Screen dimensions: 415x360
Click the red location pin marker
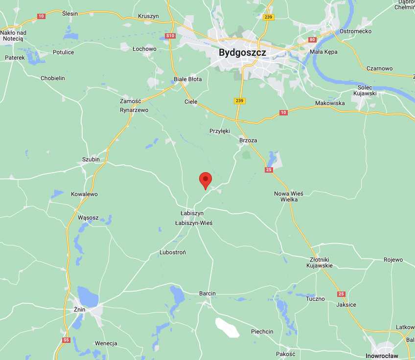point(206,180)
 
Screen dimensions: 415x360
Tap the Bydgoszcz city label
point(242,52)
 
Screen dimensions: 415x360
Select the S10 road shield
point(170,36)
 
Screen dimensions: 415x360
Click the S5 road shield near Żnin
point(66,340)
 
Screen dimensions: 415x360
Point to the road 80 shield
point(313,40)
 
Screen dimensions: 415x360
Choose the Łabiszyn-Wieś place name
point(194,223)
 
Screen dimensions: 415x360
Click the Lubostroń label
point(173,252)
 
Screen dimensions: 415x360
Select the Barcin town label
point(207,293)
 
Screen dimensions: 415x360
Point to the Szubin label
point(91,159)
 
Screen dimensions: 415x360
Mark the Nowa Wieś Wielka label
point(288,197)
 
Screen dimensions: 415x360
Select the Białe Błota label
point(188,79)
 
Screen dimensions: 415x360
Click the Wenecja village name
point(106,343)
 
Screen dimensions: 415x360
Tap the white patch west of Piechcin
point(228,327)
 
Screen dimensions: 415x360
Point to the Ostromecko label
point(355,31)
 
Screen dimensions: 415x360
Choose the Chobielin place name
point(52,78)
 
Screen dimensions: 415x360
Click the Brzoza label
point(248,140)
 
